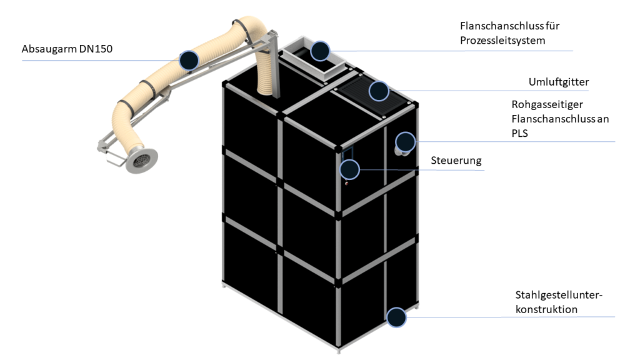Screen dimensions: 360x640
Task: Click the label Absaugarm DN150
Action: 67,49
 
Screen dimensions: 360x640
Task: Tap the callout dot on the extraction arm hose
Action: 189,60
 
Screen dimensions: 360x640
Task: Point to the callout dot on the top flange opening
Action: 320,51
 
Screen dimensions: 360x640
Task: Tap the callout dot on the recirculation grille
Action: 378,91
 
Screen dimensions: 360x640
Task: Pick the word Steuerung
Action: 456,161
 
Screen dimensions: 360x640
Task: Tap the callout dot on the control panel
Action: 349,169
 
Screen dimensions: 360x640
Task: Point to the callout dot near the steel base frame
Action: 396,317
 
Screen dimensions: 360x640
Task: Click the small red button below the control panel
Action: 347,184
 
